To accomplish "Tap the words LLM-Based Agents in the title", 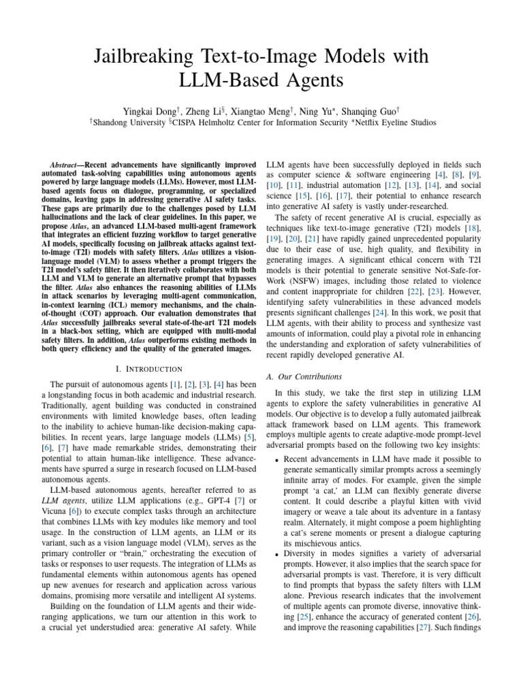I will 261,80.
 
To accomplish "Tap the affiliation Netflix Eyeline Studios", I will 395,122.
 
